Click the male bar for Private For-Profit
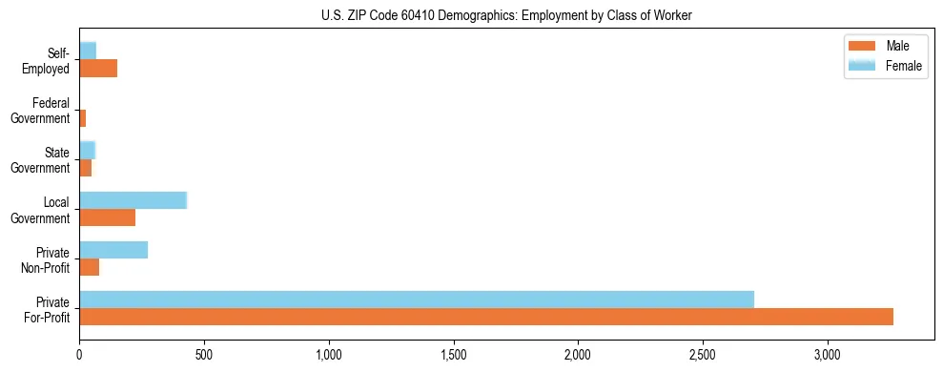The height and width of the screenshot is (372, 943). coord(486,317)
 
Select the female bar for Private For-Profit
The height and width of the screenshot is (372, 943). coord(417,300)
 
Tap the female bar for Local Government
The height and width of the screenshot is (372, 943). coord(133,200)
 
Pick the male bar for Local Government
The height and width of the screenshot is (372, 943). coord(107,217)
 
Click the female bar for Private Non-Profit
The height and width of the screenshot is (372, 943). coord(113,250)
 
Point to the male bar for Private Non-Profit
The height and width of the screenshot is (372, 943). coord(89,267)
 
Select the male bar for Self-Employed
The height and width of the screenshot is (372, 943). coord(98,69)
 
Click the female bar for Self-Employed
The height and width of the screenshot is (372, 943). coord(88,51)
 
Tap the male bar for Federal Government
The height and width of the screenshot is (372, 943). coord(83,118)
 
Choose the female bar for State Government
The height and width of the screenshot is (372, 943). coord(88,150)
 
